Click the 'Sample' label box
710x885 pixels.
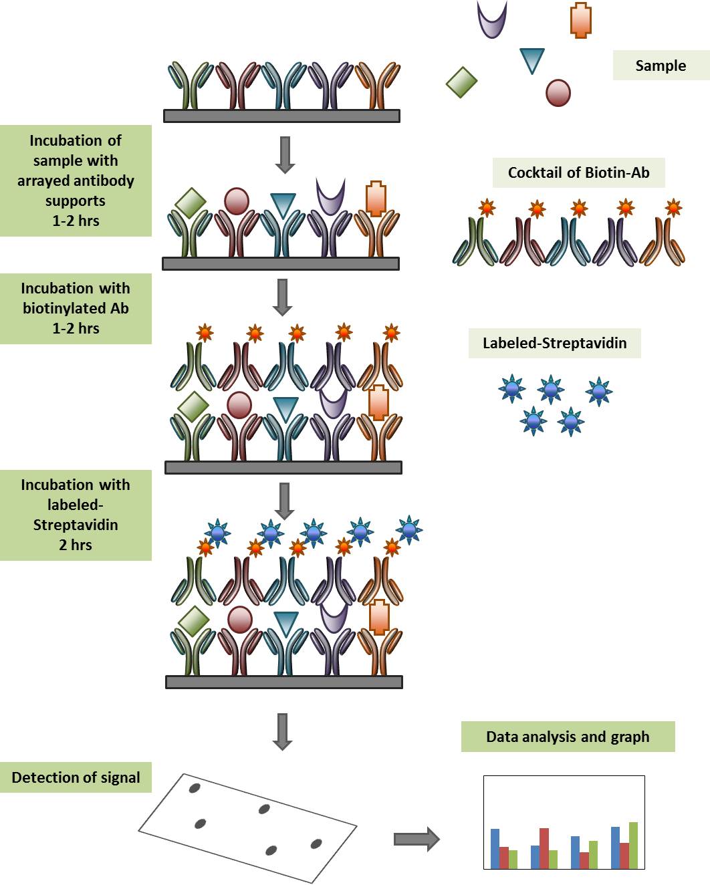[x=660, y=66]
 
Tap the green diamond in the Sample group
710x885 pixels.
[x=461, y=82]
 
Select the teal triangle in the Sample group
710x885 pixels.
[x=532, y=60]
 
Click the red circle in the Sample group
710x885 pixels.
[x=558, y=93]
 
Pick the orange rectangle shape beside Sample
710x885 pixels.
[x=581, y=20]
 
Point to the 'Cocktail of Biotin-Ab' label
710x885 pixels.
[x=578, y=172]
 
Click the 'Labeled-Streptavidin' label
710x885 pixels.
[x=554, y=343]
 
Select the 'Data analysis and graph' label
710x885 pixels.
[x=568, y=737]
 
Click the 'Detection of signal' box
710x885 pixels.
[x=76, y=777]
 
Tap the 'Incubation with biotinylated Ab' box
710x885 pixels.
[x=76, y=308]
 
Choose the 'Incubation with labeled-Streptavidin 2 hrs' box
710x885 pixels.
[x=76, y=515]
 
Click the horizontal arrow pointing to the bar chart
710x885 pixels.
[x=417, y=839]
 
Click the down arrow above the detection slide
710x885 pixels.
[x=282, y=731]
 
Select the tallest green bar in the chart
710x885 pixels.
[x=633, y=845]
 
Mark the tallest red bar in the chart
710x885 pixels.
[x=544, y=848]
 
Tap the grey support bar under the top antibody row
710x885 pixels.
[x=281, y=116]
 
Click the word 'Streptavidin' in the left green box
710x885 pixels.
[x=76, y=525]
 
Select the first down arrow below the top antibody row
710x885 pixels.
[x=285, y=154]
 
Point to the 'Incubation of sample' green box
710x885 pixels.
[x=76, y=180]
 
